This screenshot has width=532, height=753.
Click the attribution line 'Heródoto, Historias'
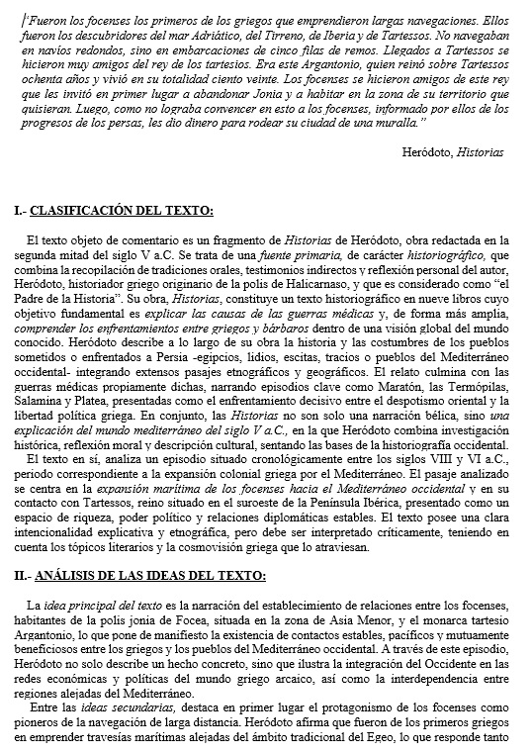(x=453, y=153)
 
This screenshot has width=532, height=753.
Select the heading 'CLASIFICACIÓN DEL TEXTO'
(x=122, y=212)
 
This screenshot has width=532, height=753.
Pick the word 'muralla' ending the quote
(x=399, y=121)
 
